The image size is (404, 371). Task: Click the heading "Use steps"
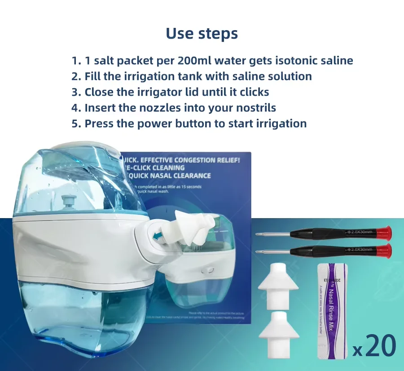click(x=202, y=33)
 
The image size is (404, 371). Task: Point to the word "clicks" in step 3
click(x=252, y=92)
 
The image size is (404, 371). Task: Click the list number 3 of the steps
click(x=75, y=92)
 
